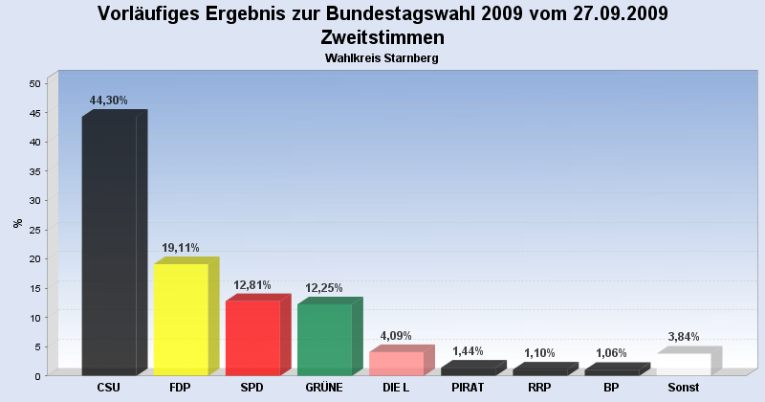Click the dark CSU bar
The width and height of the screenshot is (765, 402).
(109, 246)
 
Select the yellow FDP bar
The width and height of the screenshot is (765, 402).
(181, 320)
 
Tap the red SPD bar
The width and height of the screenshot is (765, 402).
(252, 338)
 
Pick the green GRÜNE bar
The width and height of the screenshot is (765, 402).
(324, 340)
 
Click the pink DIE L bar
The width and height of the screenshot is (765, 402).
(396, 364)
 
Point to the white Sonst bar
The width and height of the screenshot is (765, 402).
(684, 364)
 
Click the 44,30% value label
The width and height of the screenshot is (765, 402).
(108, 100)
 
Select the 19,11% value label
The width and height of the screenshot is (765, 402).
(180, 247)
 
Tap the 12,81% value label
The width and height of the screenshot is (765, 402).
(252, 284)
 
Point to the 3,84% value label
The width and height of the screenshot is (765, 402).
(684, 336)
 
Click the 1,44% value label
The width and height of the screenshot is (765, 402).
(468, 351)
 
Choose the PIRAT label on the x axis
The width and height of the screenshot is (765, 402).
(468, 388)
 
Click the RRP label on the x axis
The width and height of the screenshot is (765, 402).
(539, 388)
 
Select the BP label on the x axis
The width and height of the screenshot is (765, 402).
(612, 388)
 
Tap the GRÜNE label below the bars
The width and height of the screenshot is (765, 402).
(324, 388)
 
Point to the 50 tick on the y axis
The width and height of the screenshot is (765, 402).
(34, 83)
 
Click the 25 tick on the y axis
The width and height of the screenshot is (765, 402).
(34, 230)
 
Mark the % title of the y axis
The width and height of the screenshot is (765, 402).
(18, 224)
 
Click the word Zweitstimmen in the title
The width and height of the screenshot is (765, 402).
(382, 38)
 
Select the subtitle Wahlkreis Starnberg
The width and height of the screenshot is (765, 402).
(382, 59)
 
